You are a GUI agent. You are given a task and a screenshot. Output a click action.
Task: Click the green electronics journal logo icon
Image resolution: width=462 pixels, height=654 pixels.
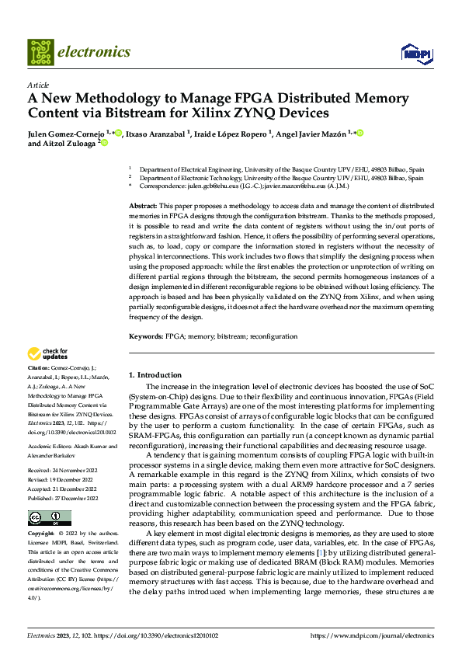pyautogui.click(x=40, y=52)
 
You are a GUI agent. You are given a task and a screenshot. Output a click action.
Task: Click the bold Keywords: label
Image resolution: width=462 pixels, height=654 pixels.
pyautogui.click(x=145, y=336)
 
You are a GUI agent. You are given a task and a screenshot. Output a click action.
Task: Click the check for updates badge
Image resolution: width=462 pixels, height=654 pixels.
pyautogui.click(x=48, y=354)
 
